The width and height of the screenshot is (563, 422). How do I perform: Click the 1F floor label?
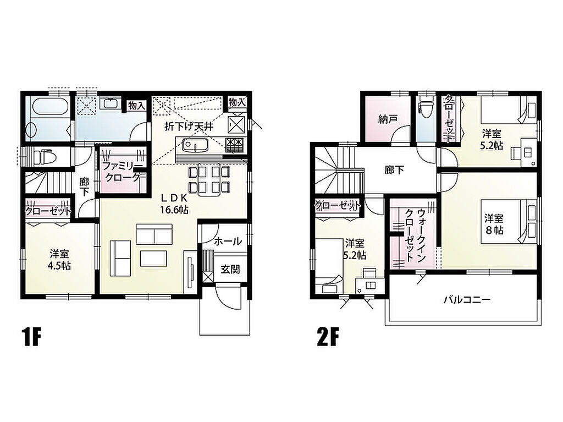point(31,337)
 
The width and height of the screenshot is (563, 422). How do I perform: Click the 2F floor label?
point(328,337)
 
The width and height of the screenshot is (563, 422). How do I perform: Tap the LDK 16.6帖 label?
point(174,204)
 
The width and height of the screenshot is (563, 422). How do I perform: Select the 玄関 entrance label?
point(230,269)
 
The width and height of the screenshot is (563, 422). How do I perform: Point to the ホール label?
point(228,241)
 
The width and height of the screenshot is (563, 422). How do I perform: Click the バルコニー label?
point(467,299)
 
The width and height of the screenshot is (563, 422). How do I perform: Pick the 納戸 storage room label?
point(388,119)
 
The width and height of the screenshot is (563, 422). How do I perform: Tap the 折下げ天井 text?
point(189,126)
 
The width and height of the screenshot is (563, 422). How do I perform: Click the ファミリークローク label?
point(122,172)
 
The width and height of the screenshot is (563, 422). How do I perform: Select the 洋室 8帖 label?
point(494,224)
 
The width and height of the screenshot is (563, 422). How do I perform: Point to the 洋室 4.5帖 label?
point(59,260)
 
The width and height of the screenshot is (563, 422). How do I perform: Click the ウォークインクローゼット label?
point(415,235)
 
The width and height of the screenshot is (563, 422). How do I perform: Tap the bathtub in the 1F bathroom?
point(50,107)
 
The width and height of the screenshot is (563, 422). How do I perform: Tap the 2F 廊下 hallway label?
point(394,170)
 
